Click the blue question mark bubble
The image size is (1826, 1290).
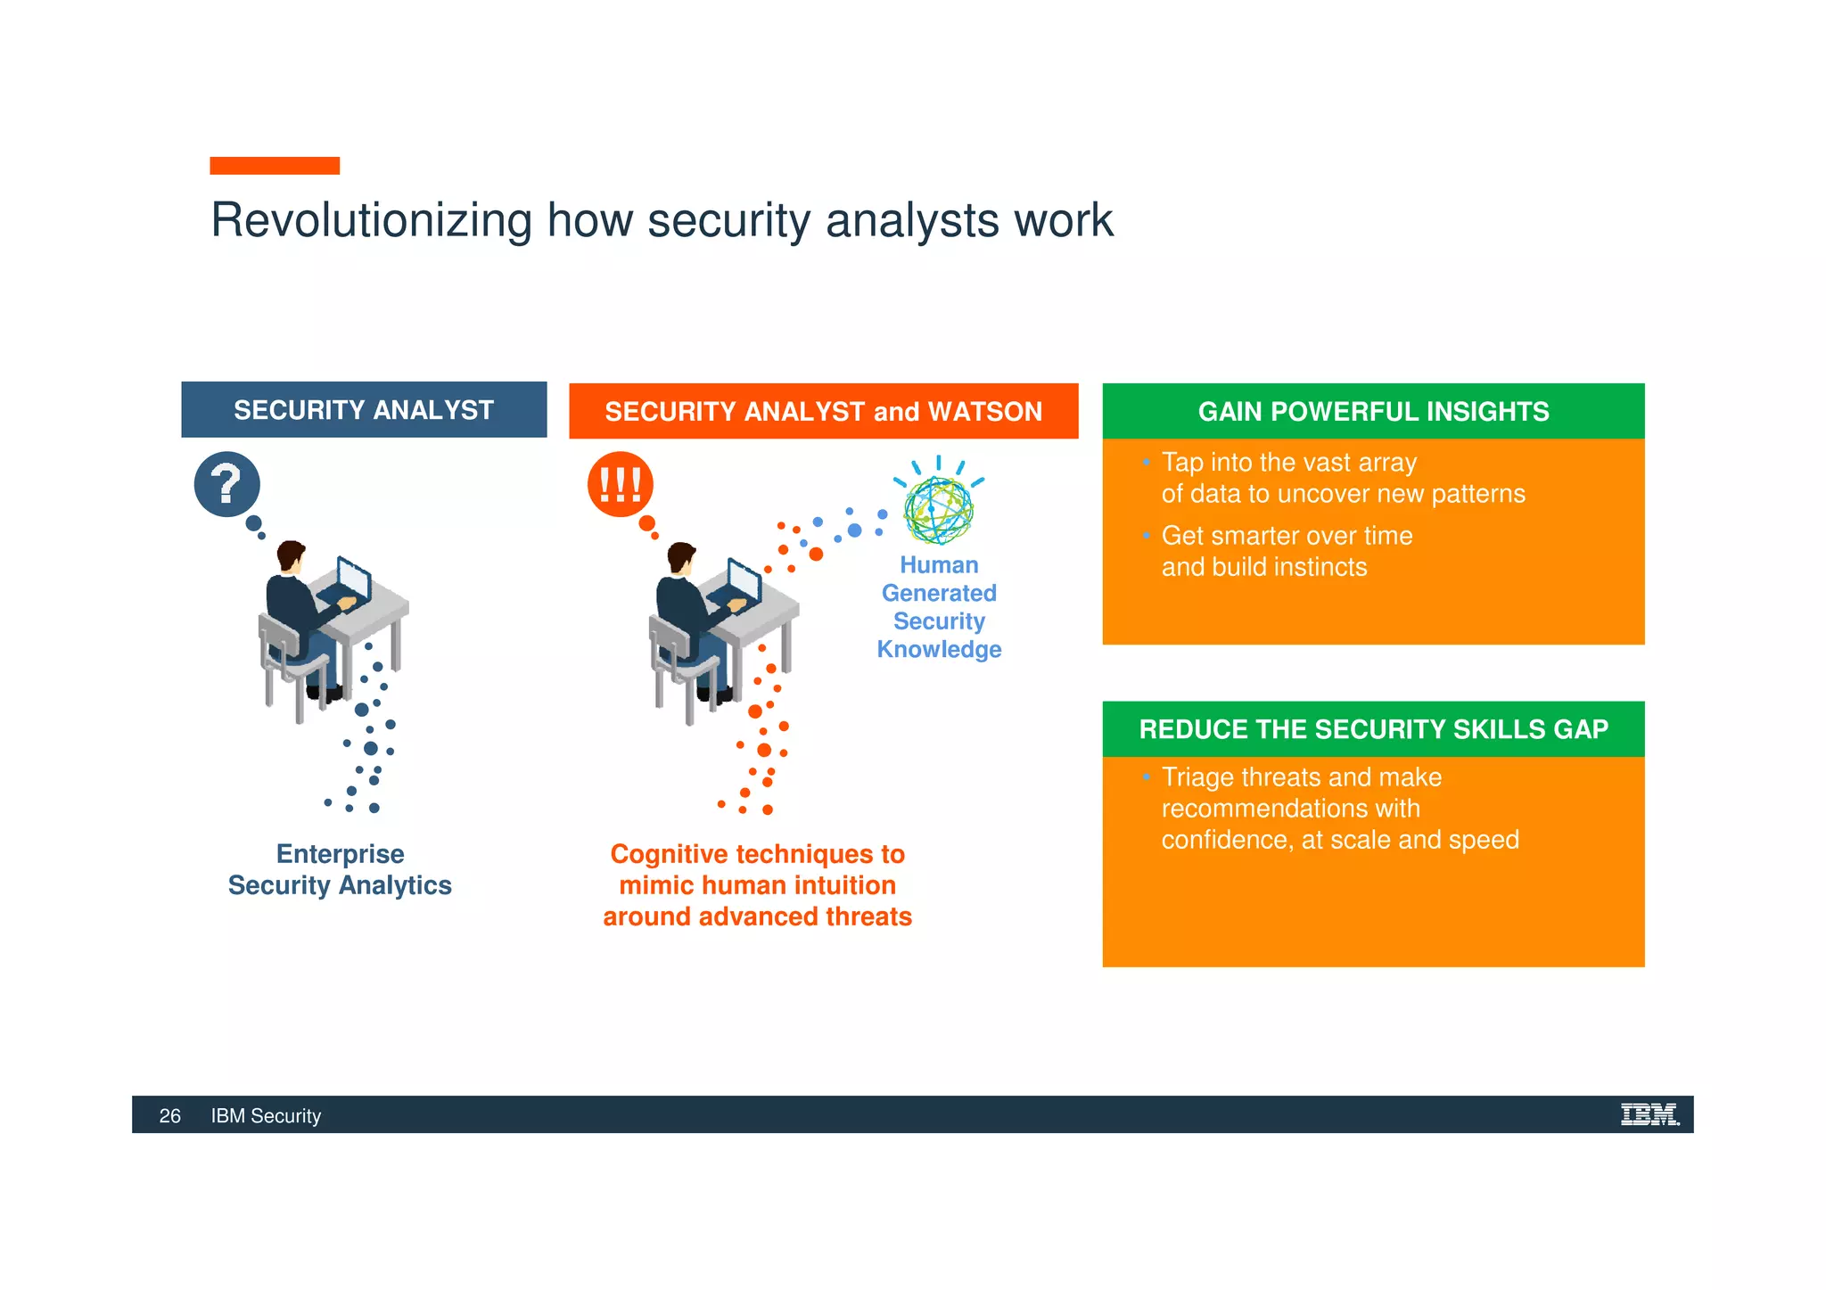pos(226,484)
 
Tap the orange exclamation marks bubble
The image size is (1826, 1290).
pos(620,484)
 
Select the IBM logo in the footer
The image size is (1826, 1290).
pos(1649,1114)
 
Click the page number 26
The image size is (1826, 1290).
pos(169,1116)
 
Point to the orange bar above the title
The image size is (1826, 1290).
pos(275,166)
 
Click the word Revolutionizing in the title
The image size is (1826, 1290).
pos(371,220)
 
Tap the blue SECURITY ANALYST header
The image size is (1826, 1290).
pos(364,410)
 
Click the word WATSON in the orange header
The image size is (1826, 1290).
pos(984,412)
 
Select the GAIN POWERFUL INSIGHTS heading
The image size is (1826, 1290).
pos(1373,412)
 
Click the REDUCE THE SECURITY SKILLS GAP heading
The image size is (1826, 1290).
pos(1373,729)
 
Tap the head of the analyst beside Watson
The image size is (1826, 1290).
pos(682,558)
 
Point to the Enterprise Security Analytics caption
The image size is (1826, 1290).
pos(340,869)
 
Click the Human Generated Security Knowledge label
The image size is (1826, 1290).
pos(939,607)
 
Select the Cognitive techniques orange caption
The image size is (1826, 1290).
pos(757,884)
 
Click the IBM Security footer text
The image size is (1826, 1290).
pos(266,1116)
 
